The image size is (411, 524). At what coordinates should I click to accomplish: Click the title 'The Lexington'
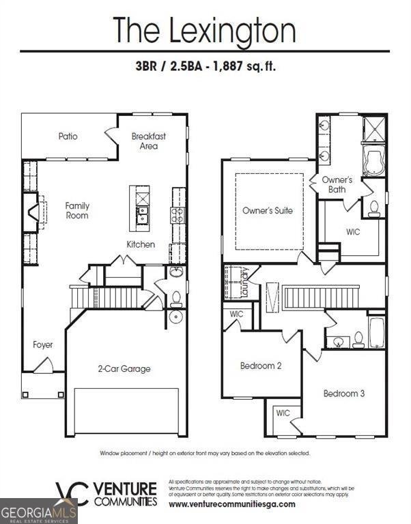[x=205, y=30]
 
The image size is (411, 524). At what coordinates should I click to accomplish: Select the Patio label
[x=68, y=136]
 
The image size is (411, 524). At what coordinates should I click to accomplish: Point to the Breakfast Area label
[x=149, y=141]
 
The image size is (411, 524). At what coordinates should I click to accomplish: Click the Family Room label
[x=77, y=211]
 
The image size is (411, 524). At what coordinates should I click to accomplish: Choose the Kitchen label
[x=141, y=244]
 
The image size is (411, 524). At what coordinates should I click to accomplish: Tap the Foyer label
[x=43, y=345]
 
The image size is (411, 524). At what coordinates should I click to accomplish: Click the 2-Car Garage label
[x=124, y=369]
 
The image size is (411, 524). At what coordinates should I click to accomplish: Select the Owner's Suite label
[x=268, y=211]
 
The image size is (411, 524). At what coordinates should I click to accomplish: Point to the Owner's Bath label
[x=337, y=185]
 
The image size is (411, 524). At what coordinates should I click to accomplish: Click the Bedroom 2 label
[x=261, y=366]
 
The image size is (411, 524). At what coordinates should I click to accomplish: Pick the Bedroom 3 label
[x=344, y=394]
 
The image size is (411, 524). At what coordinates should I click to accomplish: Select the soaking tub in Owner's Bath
[x=373, y=160]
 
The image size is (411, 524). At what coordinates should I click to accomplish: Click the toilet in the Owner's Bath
[x=374, y=209]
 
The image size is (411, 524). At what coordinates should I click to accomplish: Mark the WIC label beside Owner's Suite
[x=353, y=232]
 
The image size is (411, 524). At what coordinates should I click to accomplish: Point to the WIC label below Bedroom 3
[x=283, y=413]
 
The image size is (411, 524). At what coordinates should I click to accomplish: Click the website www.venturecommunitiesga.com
[x=232, y=504]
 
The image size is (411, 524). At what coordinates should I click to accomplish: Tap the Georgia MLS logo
[x=38, y=511]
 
